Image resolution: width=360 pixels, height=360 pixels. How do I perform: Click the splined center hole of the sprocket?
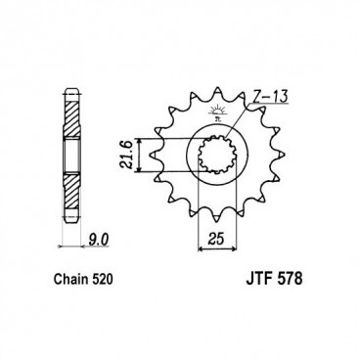coord(218,154)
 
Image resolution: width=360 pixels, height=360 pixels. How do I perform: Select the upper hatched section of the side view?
coord(71,116)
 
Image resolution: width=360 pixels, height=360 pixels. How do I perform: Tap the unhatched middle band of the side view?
coord(71,154)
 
